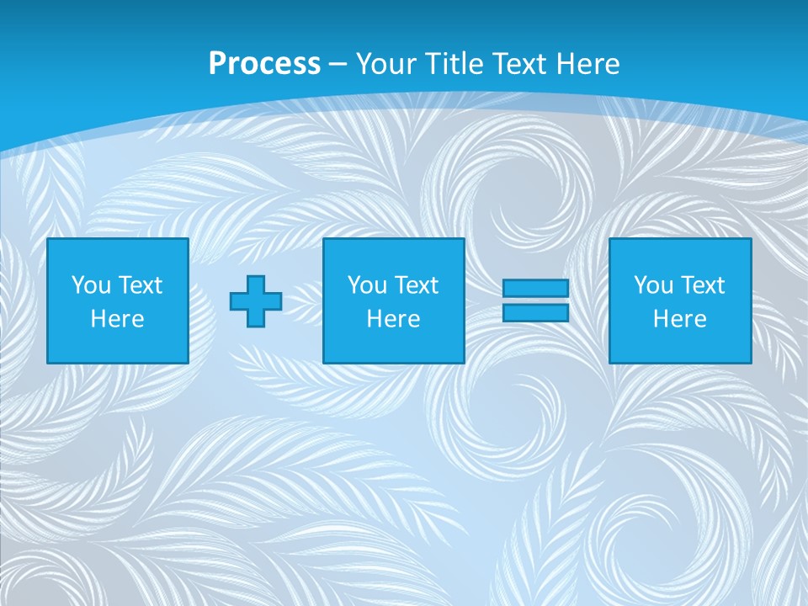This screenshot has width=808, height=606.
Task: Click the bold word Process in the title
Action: click(x=264, y=63)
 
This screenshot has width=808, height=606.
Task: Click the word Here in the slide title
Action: click(x=589, y=63)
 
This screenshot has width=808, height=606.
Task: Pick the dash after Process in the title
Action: click(x=338, y=65)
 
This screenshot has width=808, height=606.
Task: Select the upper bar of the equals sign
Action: click(x=535, y=288)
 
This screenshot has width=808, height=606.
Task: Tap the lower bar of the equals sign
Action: click(x=535, y=313)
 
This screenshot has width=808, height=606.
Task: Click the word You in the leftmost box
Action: click(x=91, y=285)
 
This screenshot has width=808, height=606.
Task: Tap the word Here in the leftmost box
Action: click(x=117, y=319)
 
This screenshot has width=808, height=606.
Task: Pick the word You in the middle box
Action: click(x=367, y=285)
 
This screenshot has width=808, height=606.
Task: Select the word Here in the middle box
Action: click(x=393, y=319)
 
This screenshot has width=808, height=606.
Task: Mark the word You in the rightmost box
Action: click(x=653, y=285)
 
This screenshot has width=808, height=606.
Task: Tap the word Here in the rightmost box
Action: click(x=679, y=319)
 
